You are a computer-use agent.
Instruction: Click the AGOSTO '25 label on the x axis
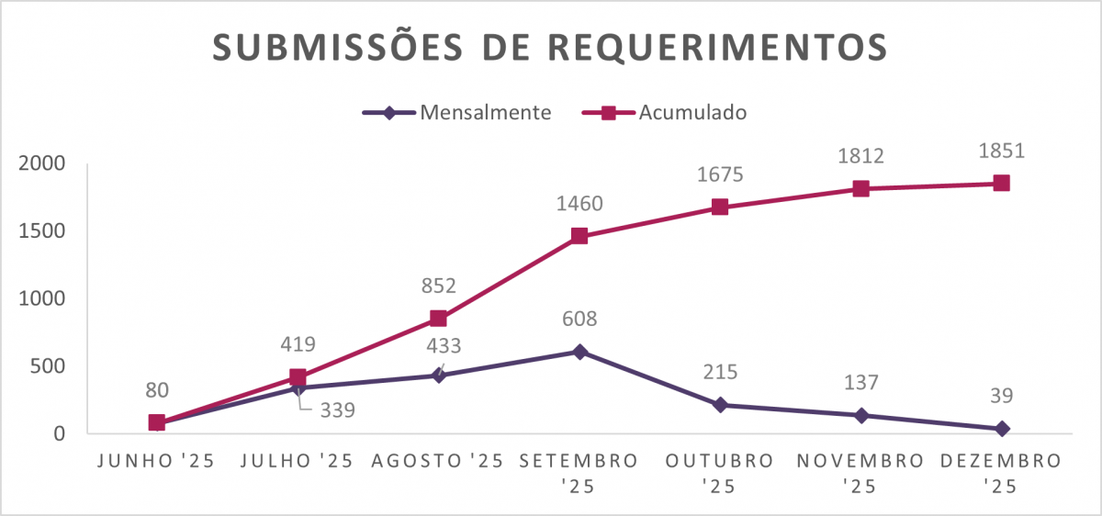tap(438, 461)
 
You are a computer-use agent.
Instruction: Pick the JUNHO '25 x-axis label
tap(156, 461)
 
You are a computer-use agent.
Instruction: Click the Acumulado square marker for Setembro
tap(579, 236)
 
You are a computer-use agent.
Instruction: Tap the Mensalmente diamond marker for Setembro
tap(579, 352)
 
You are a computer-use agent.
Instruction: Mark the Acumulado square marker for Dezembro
tap(1001, 184)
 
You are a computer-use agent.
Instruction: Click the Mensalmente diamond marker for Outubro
tap(720, 405)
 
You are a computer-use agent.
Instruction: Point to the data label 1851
tap(1001, 151)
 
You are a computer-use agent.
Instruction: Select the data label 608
tap(579, 320)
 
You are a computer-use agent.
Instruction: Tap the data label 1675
tap(720, 174)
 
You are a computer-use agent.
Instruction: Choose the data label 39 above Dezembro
tap(1001, 397)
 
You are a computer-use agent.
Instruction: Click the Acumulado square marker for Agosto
tap(438, 319)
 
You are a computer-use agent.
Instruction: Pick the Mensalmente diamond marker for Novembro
tap(860, 415)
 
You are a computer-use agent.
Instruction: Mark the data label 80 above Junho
tap(156, 390)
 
